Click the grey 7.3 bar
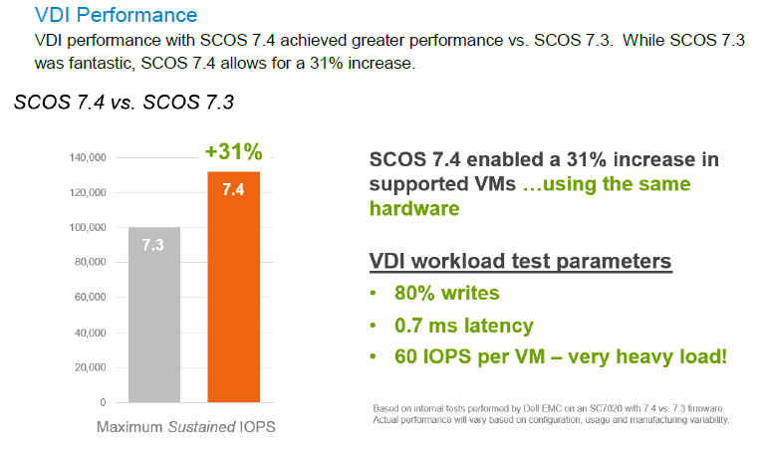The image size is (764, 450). [154, 315]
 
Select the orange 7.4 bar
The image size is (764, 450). [233, 287]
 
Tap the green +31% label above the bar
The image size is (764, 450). [234, 151]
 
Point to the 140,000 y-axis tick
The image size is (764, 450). [88, 157]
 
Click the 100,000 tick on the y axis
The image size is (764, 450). [88, 227]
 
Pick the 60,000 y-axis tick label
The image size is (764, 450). [90, 297]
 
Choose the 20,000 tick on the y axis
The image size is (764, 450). [90, 367]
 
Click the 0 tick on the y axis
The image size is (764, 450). [103, 402]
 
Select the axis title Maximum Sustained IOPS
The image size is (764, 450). [185, 427]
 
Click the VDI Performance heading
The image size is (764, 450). [116, 15]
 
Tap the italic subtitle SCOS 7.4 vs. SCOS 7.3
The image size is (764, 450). [124, 103]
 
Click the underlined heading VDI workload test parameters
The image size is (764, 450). [520, 261]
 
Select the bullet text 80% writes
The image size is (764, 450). [447, 293]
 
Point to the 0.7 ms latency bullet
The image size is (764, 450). [464, 326]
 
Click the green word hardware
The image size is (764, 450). [414, 208]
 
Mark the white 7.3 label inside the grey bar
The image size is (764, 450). [153, 245]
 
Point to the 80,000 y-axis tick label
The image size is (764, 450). [90, 262]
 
